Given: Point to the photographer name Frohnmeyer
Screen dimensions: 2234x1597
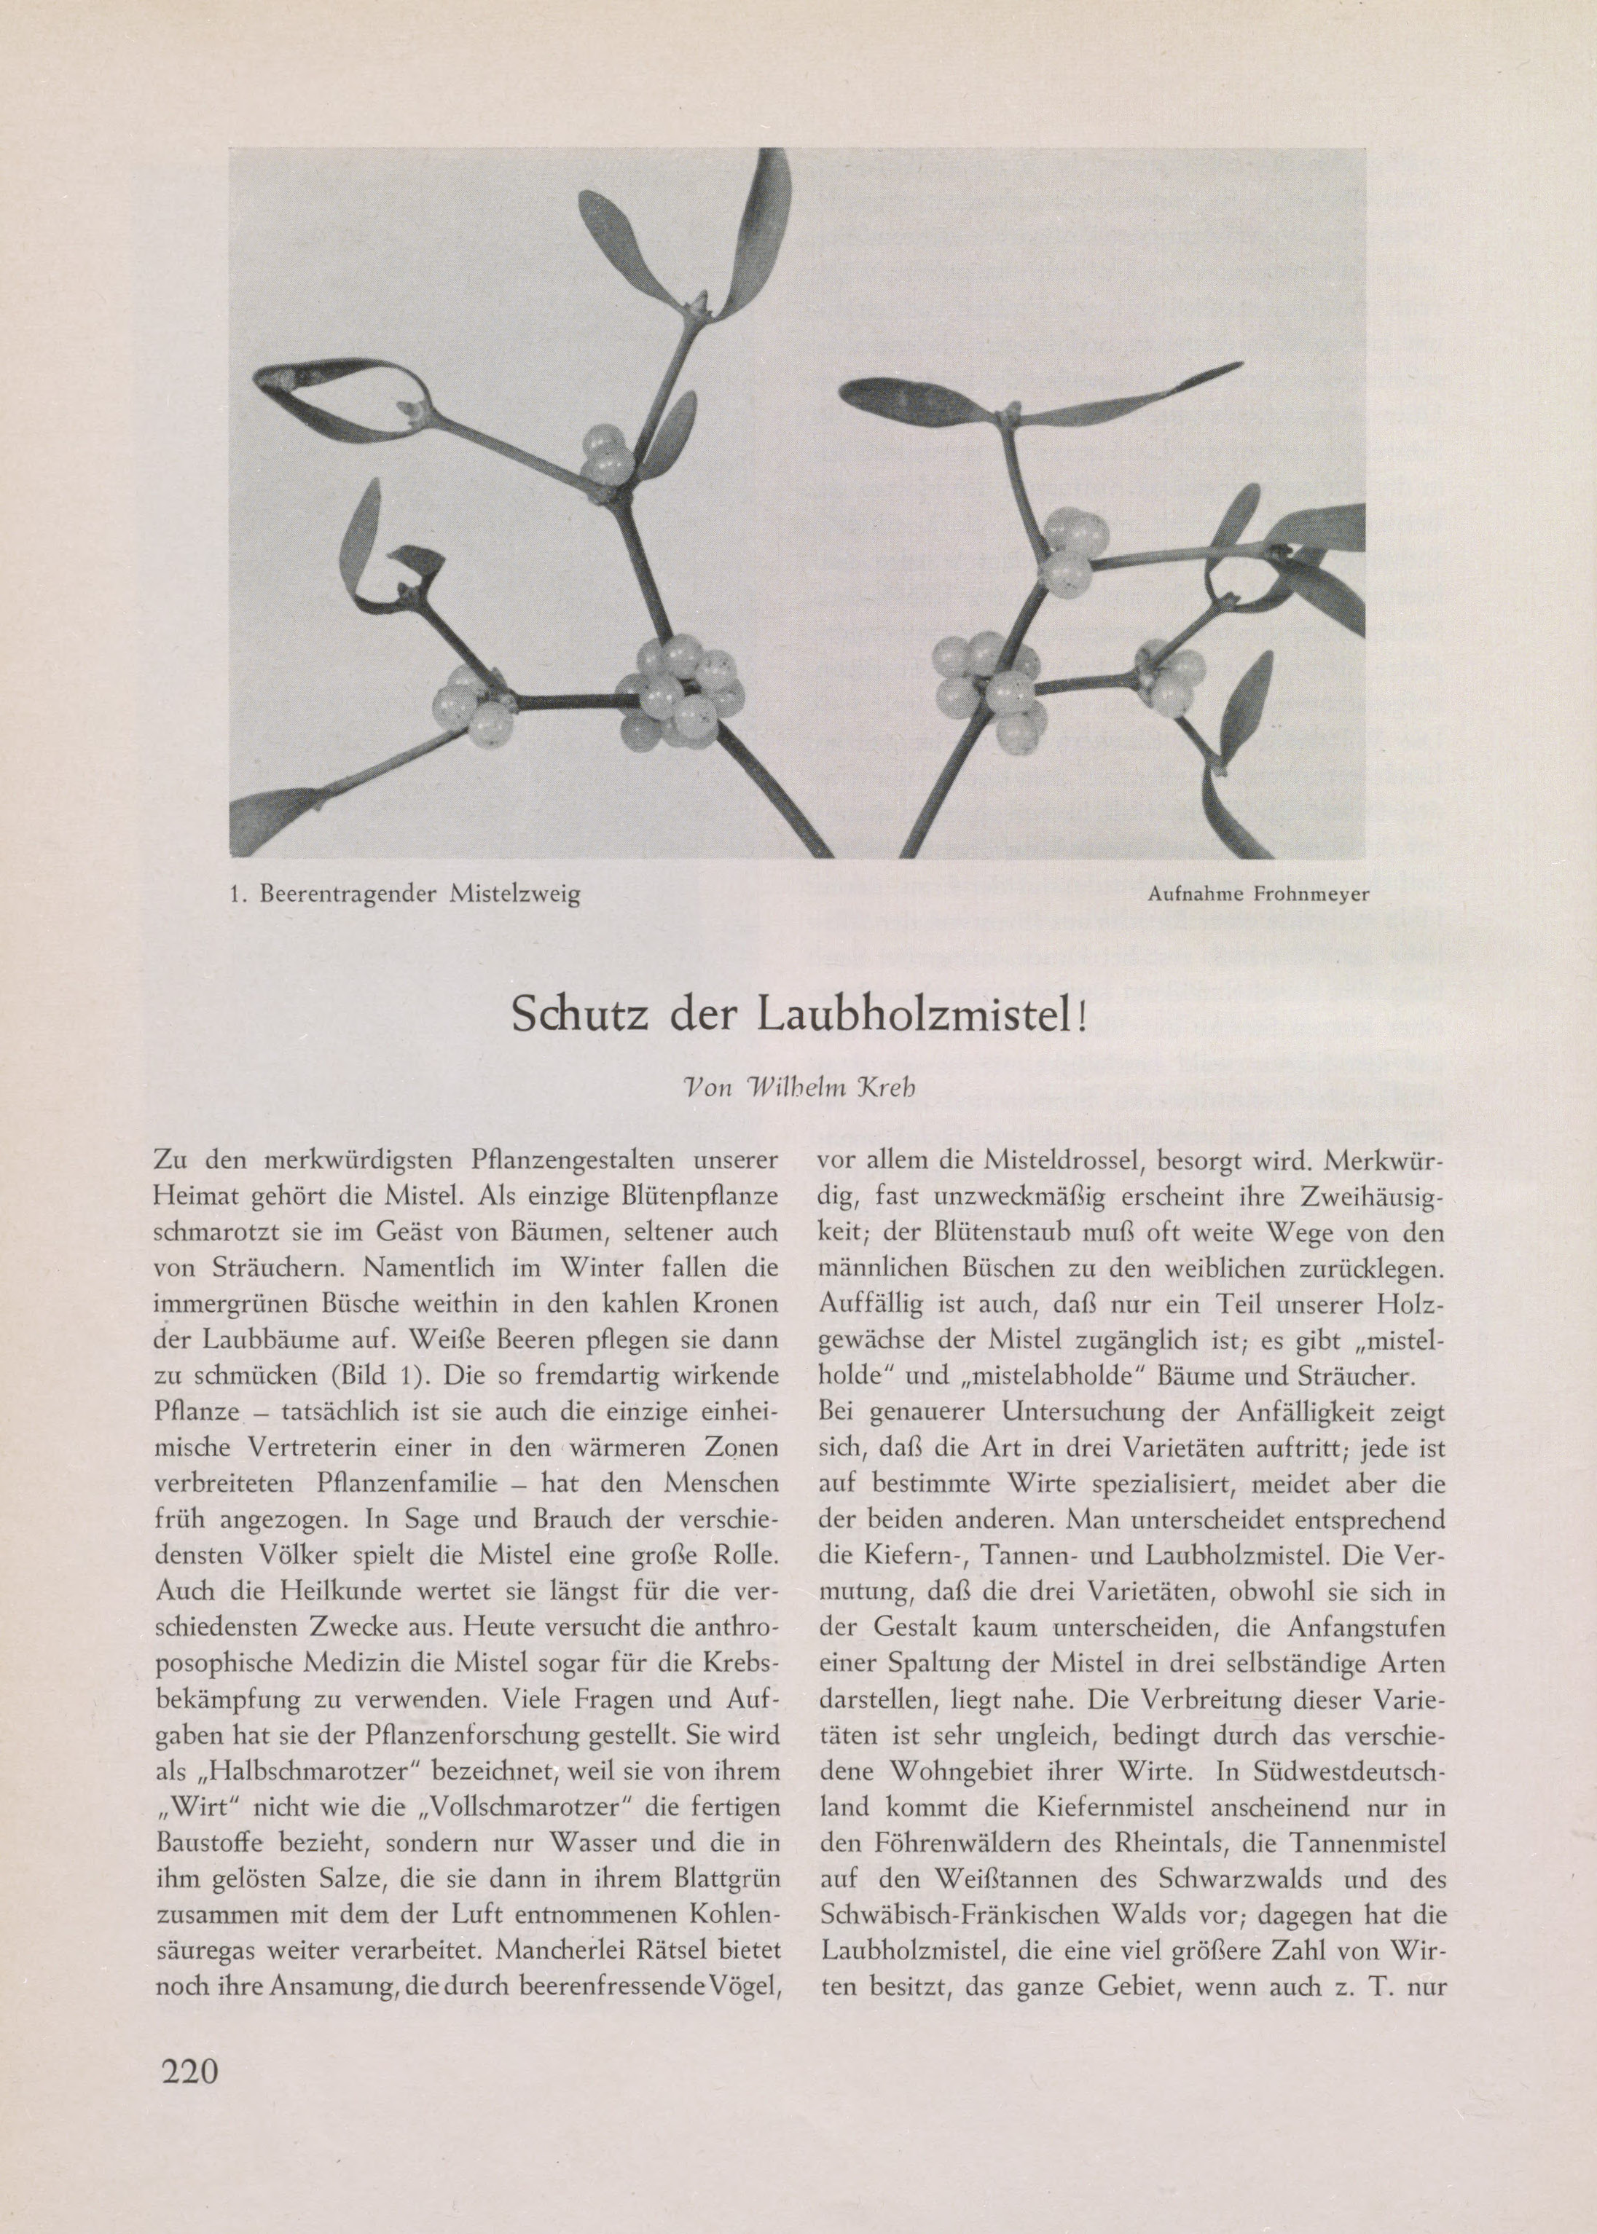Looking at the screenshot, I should (1305, 894).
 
